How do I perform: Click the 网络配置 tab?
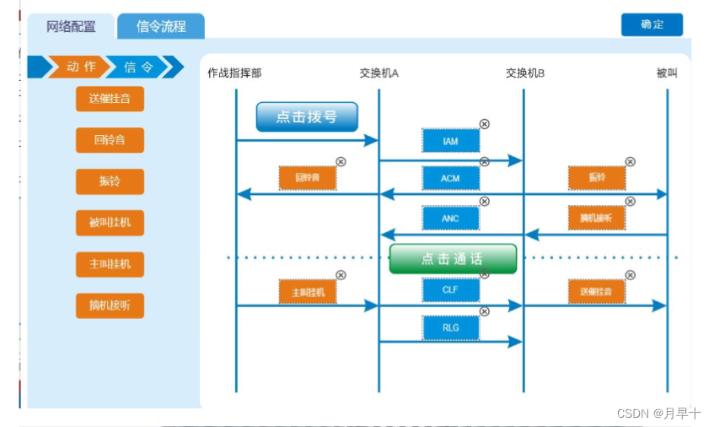click(x=72, y=26)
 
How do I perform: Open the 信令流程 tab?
click(x=160, y=26)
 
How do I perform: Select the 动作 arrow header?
click(x=81, y=67)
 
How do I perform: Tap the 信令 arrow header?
click(x=139, y=67)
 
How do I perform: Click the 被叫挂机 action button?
click(x=110, y=224)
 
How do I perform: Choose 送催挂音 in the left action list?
click(x=110, y=98)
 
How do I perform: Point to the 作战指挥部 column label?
click(x=234, y=73)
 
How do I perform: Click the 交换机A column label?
click(x=378, y=73)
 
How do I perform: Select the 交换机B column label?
click(x=524, y=73)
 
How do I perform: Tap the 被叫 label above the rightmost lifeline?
click(x=667, y=73)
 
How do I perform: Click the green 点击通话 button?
click(x=453, y=259)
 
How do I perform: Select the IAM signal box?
click(x=450, y=141)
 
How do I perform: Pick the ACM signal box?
click(x=450, y=179)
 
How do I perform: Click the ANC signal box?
click(x=450, y=219)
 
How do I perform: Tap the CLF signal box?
click(x=450, y=290)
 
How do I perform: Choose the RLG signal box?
click(x=450, y=327)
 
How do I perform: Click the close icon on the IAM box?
click(x=484, y=124)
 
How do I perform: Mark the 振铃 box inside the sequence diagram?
click(x=597, y=178)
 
